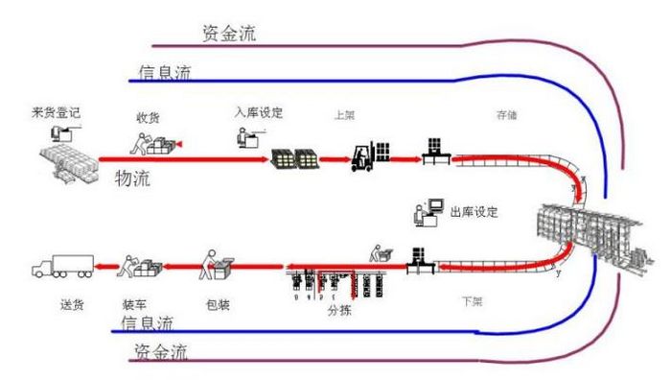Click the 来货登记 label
tap(55, 113)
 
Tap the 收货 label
tap(148, 117)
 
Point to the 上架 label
tap(344, 113)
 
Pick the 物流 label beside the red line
tap(133, 178)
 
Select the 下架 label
tap(472, 300)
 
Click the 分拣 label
tap(339, 311)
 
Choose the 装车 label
tap(134, 305)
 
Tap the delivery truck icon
tap(62, 266)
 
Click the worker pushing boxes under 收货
tap(153, 145)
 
